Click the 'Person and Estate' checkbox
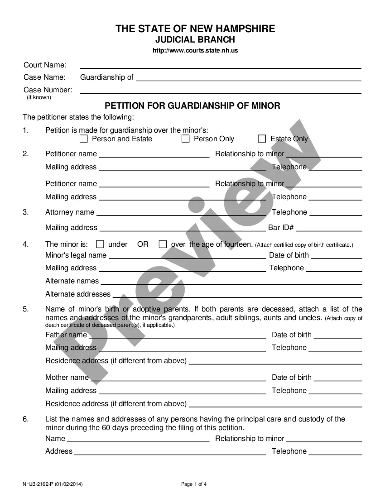(83, 139)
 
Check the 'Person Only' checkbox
(185, 139)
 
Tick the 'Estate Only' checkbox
(262, 139)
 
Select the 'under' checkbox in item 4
(100, 244)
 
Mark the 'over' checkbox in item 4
(163, 244)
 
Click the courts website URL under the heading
(195, 51)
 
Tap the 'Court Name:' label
(45, 65)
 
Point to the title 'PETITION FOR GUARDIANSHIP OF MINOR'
(192, 106)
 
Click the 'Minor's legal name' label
(76, 255)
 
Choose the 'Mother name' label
(67, 378)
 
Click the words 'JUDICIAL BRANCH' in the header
(195, 40)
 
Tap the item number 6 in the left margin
(26, 419)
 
